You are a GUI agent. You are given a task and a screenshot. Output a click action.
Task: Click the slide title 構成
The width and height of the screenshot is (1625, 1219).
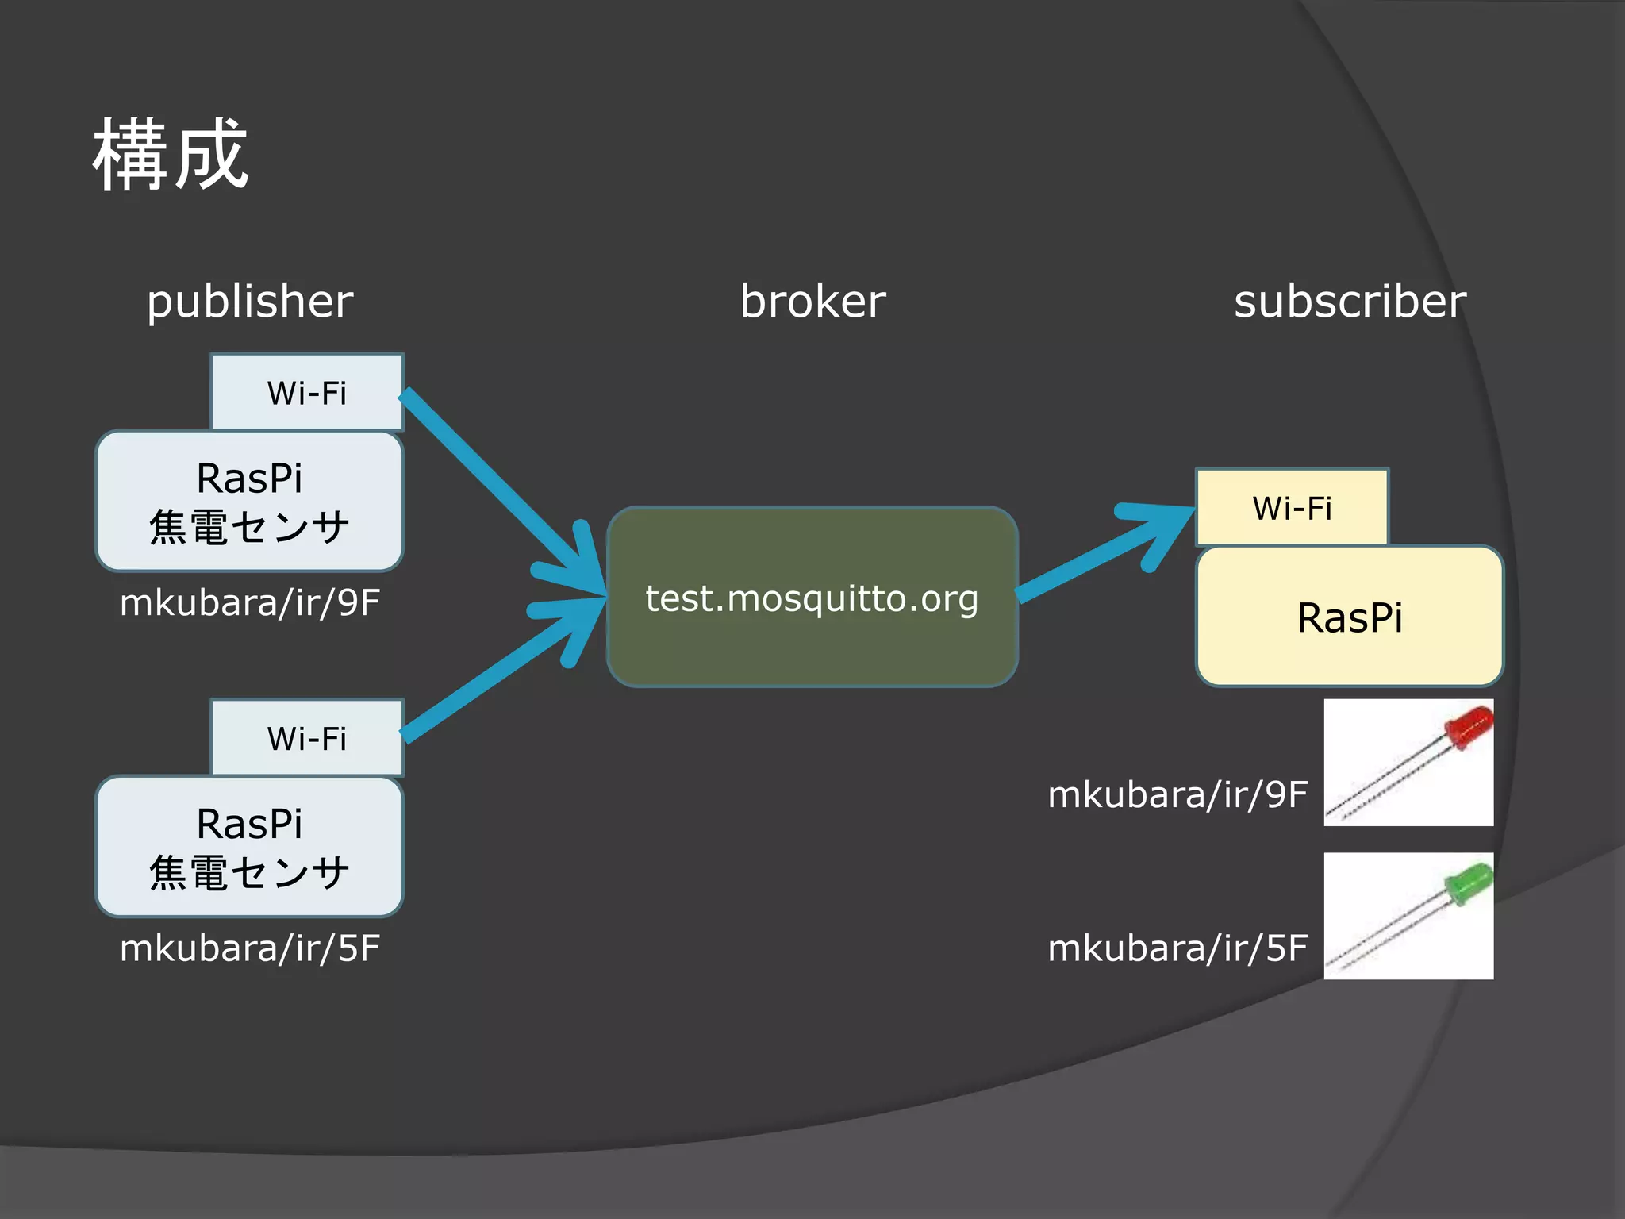click(171, 155)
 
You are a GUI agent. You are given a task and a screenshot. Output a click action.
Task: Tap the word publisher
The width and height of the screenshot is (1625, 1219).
click(250, 302)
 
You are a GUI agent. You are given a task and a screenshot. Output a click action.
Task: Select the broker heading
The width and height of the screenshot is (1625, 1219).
click(812, 302)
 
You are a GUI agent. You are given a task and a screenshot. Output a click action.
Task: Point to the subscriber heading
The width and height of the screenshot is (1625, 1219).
click(1350, 302)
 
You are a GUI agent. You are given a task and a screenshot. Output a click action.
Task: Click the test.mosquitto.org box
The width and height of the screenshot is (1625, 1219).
click(812, 598)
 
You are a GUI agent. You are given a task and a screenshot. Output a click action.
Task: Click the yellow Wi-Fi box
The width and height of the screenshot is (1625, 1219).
click(1292, 508)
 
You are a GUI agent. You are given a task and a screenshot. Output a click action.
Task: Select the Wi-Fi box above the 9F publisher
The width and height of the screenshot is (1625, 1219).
click(307, 393)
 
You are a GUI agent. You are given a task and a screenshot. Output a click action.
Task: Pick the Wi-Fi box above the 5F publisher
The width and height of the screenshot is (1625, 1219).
click(307, 738)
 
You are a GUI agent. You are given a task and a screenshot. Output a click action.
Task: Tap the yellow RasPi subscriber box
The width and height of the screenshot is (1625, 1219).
click(1349, 617)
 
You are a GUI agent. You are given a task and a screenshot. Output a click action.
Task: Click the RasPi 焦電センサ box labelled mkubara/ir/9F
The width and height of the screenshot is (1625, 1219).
click(249, 502)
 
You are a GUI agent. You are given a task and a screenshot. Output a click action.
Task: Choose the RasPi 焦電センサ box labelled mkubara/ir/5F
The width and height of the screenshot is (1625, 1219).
click(249, 847)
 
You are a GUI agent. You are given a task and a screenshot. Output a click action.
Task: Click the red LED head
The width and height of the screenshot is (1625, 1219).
click(1468, 726)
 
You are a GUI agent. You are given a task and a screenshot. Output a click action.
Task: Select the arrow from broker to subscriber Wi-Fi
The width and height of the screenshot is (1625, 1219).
click(1103, 556)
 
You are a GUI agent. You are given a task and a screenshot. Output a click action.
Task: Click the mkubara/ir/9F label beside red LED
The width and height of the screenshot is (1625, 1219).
click(1177, 794)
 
